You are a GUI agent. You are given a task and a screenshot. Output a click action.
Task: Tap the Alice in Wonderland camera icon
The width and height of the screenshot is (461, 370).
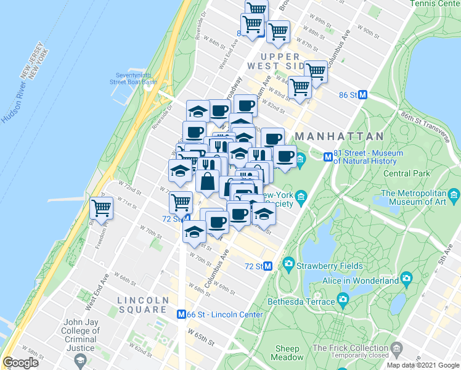pos(406,279)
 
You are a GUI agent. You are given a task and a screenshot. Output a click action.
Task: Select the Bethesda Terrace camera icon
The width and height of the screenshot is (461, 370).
pos(343,301)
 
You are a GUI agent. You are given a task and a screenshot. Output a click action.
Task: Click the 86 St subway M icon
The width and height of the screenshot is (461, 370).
pos(363,95)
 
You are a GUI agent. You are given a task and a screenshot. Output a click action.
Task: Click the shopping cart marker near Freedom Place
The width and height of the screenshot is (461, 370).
pos(101,208)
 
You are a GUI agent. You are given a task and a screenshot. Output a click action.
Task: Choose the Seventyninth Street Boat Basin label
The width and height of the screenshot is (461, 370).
pos(133,78)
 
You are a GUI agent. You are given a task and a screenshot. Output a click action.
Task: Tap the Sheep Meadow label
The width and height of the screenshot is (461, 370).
pos(287,352)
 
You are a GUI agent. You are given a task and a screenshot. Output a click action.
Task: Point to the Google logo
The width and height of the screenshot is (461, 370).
pos(21,363)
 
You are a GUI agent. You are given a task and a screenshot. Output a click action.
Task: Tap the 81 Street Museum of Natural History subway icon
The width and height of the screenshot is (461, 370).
pos(328,157)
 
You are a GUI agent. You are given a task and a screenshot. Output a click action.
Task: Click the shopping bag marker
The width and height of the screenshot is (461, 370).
pos(208,181)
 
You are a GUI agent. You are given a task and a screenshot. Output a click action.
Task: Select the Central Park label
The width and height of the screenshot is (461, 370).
pos(407,173)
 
